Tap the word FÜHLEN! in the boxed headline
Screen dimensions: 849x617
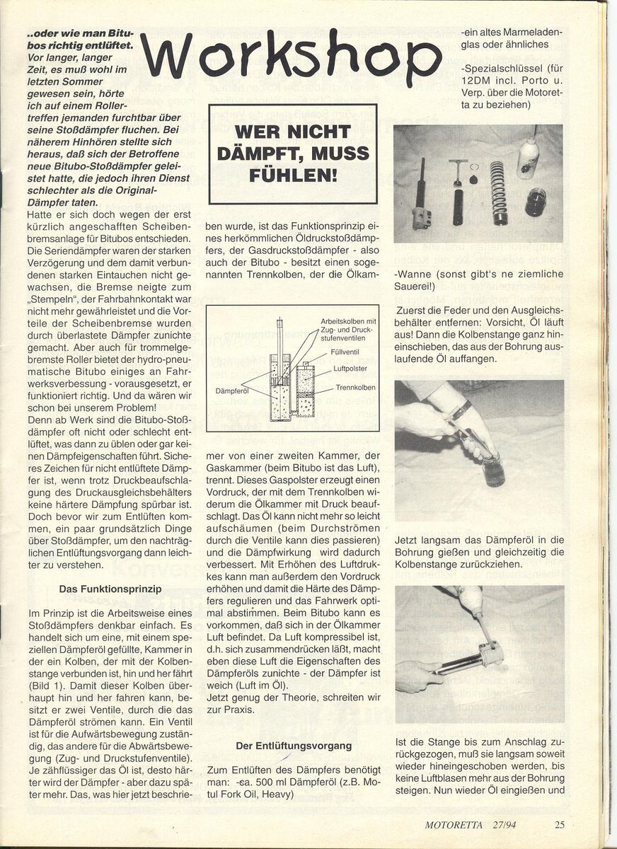[x=293, y=173]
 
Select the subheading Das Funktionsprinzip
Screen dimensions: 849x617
[x=110, y=589]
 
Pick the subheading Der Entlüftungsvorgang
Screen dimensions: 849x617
[x=294, y=745]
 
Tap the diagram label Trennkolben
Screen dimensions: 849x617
[x=355, y=388]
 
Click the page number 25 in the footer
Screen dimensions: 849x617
[x=560, y=824]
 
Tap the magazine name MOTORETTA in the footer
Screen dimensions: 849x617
[x=454, y=824]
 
